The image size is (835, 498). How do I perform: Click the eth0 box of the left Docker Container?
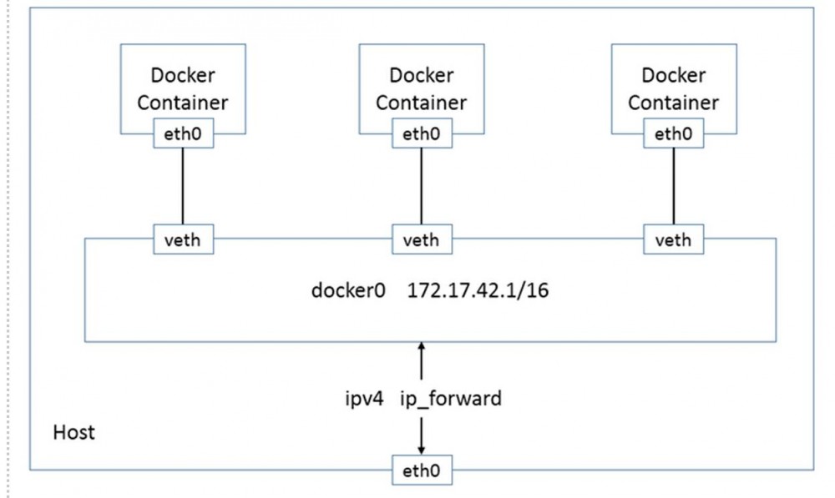[x=183, y=133]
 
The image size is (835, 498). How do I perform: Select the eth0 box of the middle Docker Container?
[x=421, y=133]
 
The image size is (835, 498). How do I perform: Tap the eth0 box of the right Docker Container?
[x=673, y=133]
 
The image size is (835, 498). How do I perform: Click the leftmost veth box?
[x=183, y=240]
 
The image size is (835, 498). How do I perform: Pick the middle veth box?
[x=421, y=240]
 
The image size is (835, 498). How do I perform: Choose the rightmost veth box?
[x=673, y=240]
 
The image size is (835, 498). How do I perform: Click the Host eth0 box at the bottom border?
[x=422, y=470]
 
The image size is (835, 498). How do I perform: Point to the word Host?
[x=74, y=432]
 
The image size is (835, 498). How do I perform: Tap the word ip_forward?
[x=451, y=399]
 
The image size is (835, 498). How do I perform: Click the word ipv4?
[x=364, y=399]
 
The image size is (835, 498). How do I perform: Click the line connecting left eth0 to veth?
[x=183, y=185]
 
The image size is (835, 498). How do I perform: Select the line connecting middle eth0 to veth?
[x=421, y=185]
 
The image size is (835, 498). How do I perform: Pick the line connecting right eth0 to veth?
[x=673, y=185]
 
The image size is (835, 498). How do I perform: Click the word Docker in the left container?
[x=183, y=75]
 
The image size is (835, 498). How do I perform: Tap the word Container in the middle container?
[x=421, y=103]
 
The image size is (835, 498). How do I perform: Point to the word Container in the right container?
[x=673, y=103]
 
